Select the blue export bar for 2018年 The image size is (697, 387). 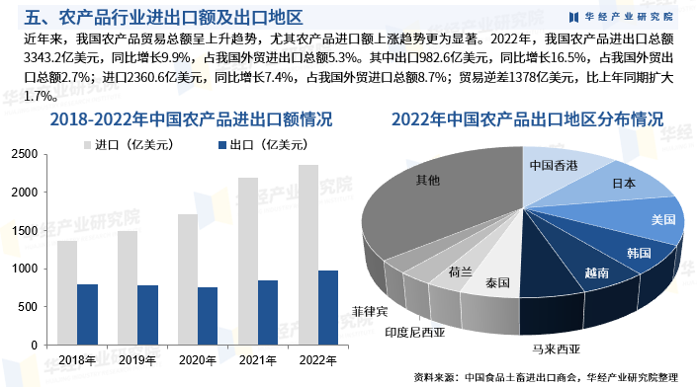(x=88, y=314)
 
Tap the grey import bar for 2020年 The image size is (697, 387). (x=187, y=279)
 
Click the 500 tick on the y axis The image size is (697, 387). (x=28, y=306)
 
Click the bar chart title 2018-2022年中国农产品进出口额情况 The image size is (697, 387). (x=176, y=119)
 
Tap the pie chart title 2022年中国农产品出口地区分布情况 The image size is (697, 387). (x=527, y=119)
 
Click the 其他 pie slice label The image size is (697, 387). (x=428, y=180)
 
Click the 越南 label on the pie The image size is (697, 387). (x=597, y=272)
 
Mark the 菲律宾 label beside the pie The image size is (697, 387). (x=370, y=311)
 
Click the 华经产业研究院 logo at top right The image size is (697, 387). (x=622, y=17)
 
